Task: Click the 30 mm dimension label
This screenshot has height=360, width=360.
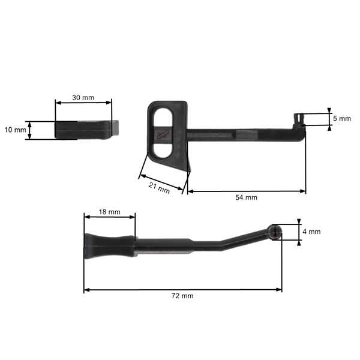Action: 83,97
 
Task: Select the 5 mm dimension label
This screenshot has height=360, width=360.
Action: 342,119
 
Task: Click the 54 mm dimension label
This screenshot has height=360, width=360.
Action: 246,197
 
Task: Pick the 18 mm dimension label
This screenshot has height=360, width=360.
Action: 109,212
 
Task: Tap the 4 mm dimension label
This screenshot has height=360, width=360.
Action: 312,232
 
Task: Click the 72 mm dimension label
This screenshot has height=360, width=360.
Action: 183,296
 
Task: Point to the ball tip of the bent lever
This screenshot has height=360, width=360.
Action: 275,232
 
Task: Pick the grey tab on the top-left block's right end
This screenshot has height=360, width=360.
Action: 118,128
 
